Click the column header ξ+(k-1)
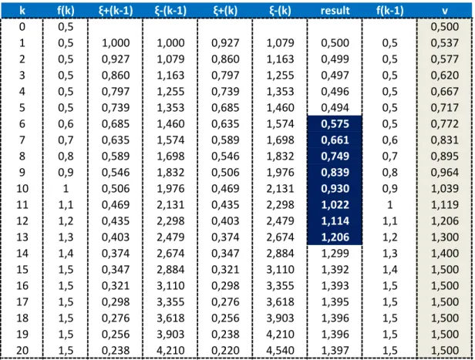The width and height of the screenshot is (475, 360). coord(116,11)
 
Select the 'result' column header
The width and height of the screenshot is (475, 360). coord(335,11)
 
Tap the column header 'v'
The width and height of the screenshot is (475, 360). coord(445,12)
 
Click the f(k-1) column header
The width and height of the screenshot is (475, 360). coord(390,11)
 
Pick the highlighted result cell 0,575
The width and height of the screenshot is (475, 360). coord(335,124)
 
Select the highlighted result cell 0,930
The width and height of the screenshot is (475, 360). coord(335,189)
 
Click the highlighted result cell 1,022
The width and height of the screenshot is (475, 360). coord(335,205)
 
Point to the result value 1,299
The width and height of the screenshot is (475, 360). coord(335,254)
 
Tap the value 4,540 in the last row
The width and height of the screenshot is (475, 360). coord(280,351)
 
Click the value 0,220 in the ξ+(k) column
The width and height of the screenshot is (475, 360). coord(225,351)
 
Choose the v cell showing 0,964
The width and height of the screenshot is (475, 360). coord(445,173)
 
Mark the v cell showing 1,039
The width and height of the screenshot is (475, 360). coord(445,189)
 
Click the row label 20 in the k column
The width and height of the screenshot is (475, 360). coord(22,351)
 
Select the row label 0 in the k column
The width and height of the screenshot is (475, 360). coord(22,27)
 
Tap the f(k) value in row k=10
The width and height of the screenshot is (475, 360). coord(66,189)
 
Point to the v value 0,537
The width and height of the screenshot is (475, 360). coord(445,43)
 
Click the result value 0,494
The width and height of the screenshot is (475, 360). coord(335,108)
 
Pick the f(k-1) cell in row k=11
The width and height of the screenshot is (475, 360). coord(390,205)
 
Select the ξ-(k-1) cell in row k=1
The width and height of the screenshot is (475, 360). coord(170,43)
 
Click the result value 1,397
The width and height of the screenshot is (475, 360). coord(335,351)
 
